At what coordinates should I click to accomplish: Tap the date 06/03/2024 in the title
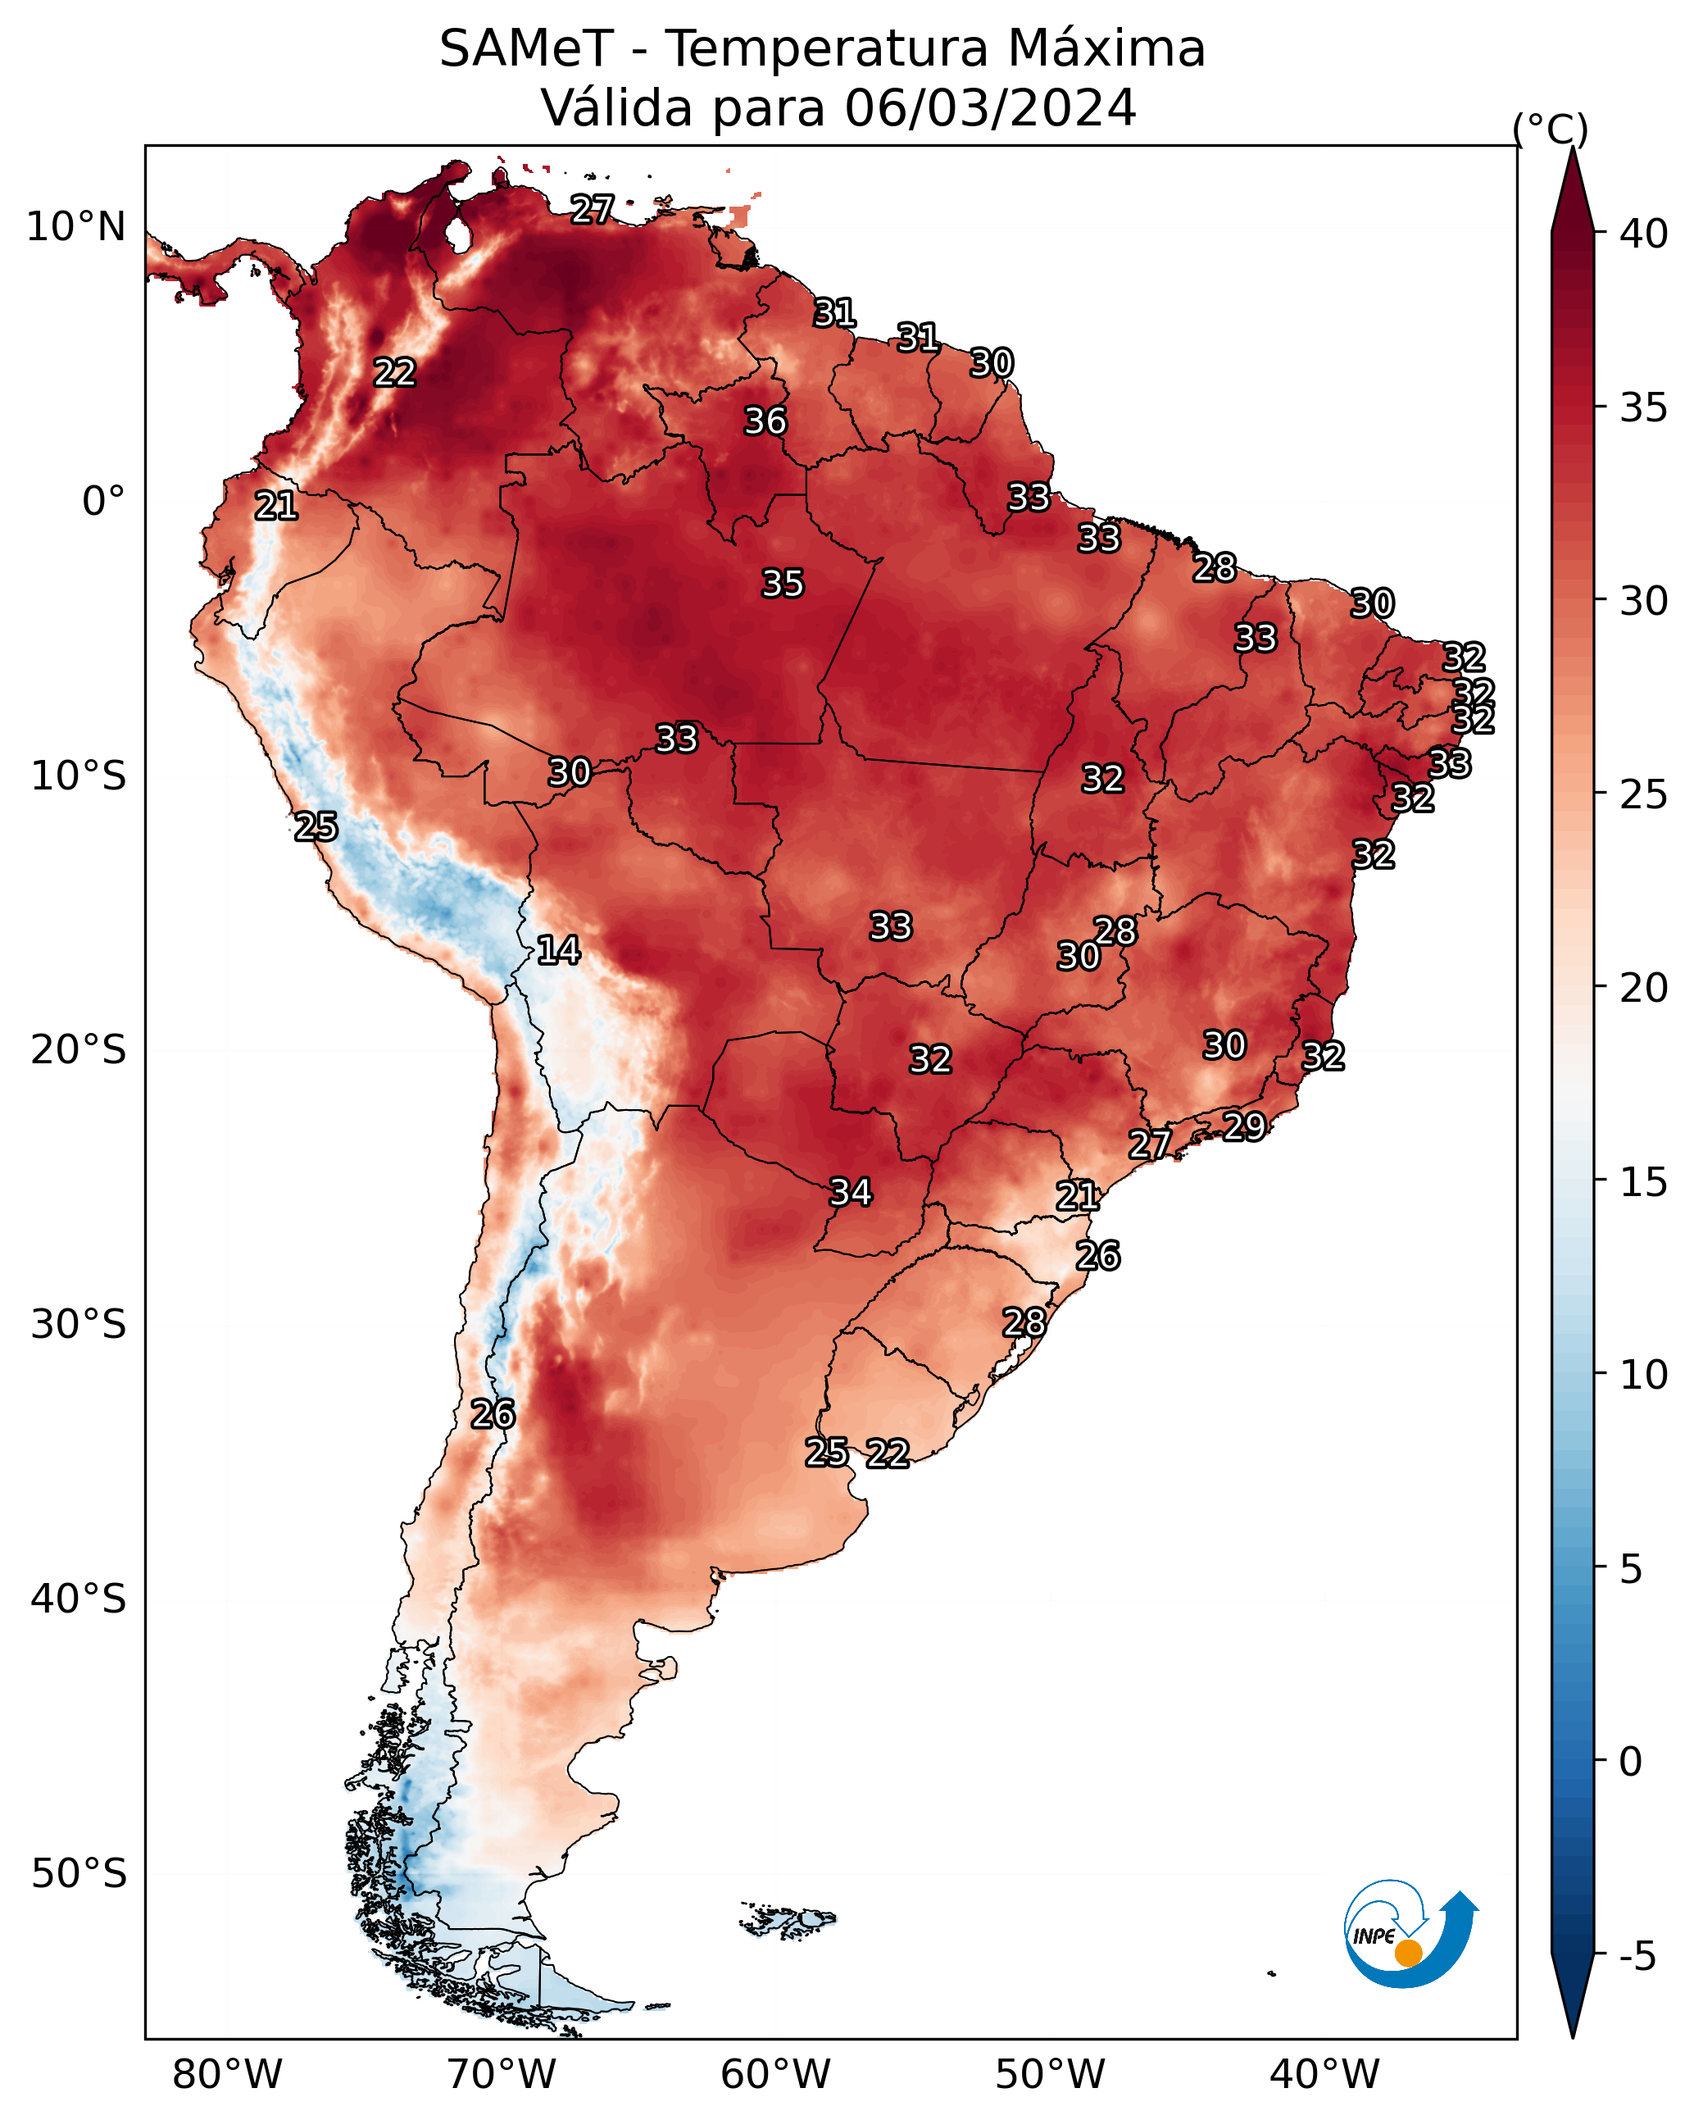point(990,107)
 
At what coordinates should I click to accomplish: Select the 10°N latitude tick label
point(75,227)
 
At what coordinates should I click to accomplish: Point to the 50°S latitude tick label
point(79,1874)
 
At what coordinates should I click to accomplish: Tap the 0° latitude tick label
point(104,502)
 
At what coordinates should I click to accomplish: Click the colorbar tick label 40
point(1643,234)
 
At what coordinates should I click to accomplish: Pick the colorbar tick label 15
point(1643,1182)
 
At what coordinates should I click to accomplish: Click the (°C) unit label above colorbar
point(1551,129)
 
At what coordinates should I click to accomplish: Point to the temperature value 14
point(558,950)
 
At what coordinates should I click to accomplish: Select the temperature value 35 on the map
point(783,584)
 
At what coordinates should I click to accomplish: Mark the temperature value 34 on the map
point(851,1193)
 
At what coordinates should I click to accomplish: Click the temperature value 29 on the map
point(1244,1126)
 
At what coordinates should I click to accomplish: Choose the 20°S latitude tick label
point(79,1050)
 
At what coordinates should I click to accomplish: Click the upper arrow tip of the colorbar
point(1572,148)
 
